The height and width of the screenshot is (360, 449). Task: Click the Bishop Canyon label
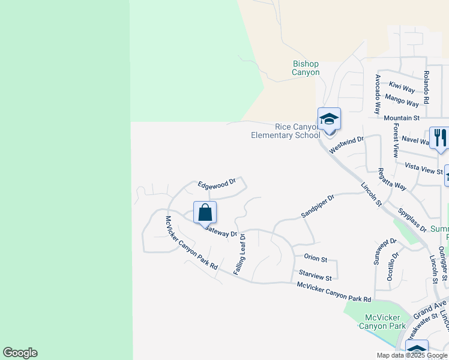306,68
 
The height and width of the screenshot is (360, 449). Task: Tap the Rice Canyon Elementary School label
286,131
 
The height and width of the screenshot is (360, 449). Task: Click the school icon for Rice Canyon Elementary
329,119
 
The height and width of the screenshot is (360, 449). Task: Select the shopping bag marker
205,212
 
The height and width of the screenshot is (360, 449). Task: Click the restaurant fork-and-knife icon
439,138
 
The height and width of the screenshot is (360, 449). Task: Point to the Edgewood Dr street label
219,182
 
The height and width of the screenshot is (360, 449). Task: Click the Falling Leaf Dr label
243,254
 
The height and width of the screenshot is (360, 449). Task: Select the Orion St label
315,259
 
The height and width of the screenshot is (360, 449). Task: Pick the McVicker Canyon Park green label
382,322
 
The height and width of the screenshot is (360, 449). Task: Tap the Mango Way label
402,100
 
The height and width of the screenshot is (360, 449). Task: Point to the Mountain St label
402,118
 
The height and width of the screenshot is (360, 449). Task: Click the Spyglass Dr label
412,220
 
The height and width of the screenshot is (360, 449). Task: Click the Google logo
20,353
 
